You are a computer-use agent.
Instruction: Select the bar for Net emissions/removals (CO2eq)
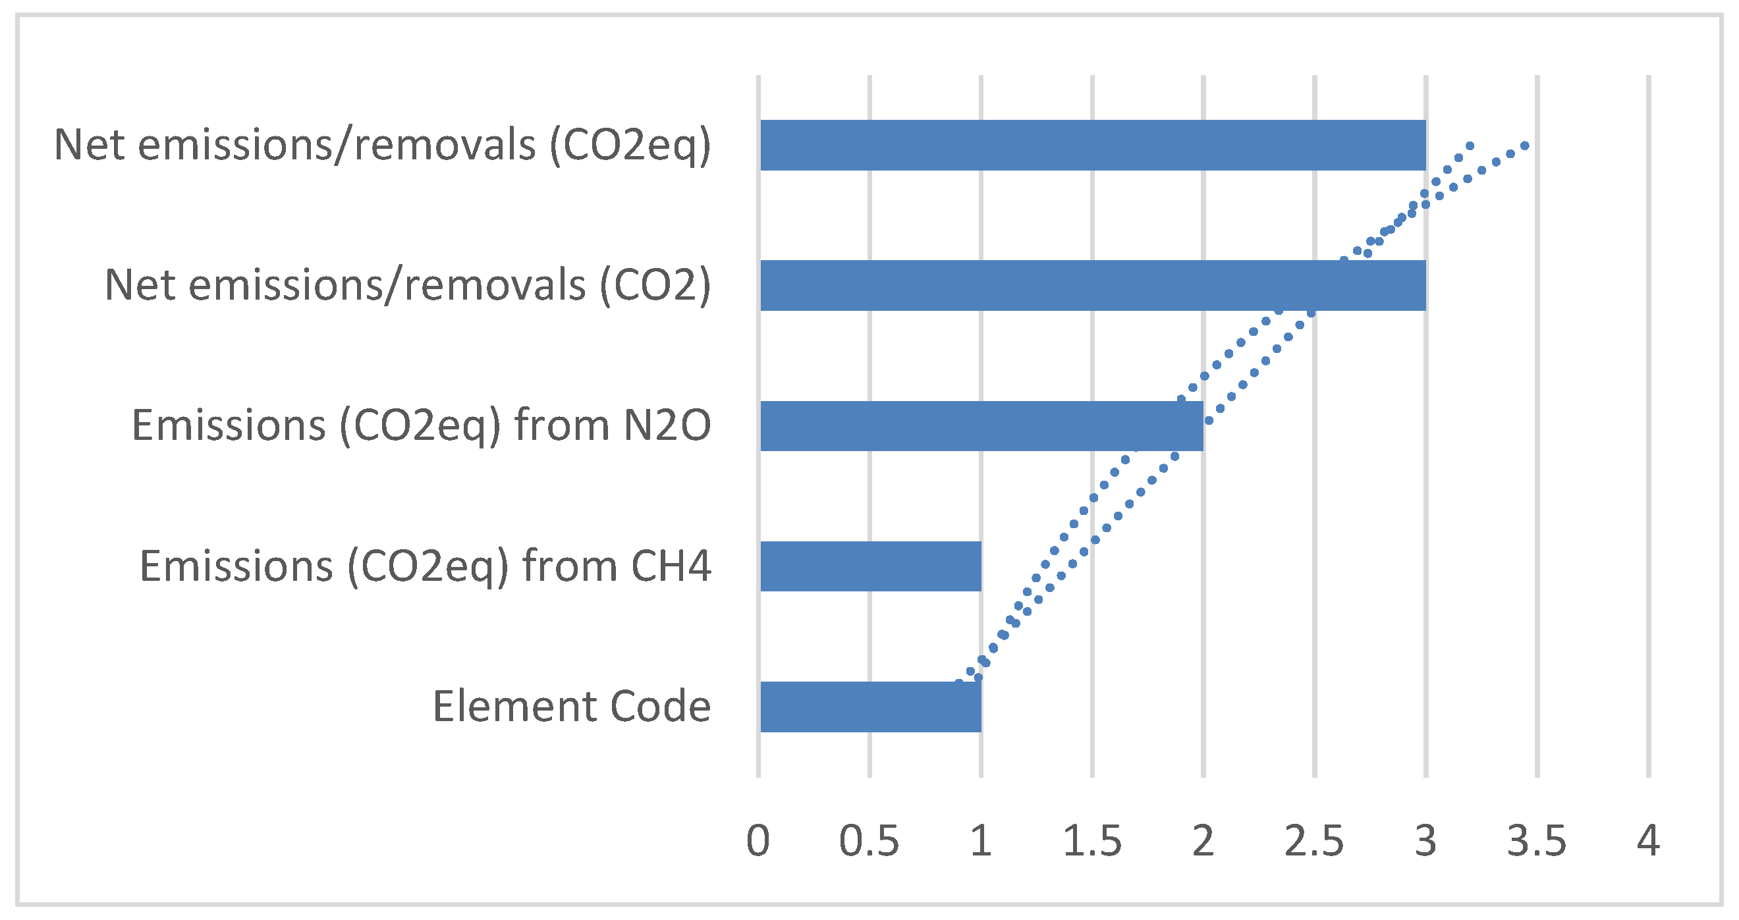coord(1092,145)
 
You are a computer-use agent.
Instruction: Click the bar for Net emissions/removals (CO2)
coord(1092,286)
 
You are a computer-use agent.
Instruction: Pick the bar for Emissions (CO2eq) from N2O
coord(981,426)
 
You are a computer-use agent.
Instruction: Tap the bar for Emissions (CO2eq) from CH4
coord(871,566)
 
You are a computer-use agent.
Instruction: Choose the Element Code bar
coord(871,707)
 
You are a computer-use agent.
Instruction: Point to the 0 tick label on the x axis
coord(758,841)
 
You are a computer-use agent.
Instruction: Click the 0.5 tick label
coord(869,841)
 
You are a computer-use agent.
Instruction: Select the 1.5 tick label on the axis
coord(1091,841)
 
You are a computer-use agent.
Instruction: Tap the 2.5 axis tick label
coord(1313,841)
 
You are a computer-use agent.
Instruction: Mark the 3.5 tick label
coord(1537,841)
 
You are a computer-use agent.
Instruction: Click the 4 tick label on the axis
coord(1649,841)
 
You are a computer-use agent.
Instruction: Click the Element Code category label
coord(572,707)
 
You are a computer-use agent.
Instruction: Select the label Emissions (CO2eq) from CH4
coord(426,566)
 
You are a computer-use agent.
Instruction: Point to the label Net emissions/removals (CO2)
coord(408,286)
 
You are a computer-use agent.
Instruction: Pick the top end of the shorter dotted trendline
coord(1470,146)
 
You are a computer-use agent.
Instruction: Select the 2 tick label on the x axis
coord(1203,841)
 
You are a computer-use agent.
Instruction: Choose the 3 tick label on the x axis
coord(1425,841)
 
